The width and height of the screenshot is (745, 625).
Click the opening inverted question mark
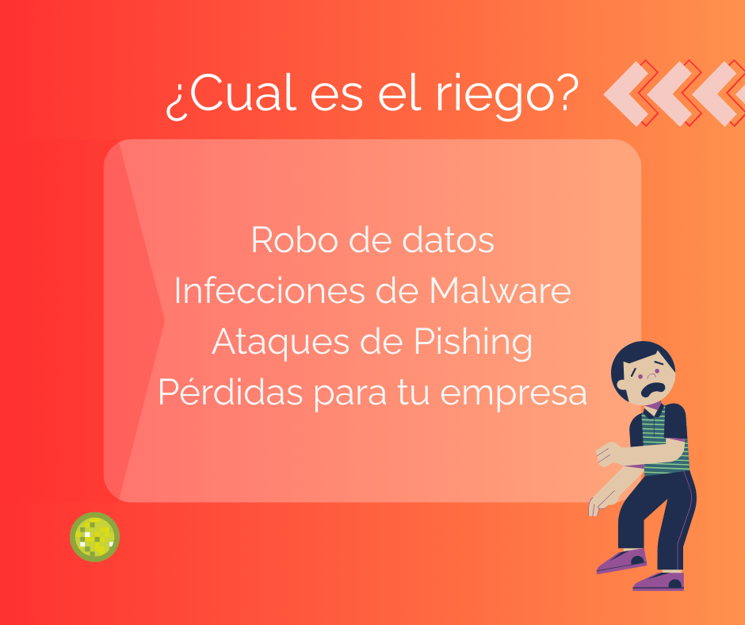pos(176,101)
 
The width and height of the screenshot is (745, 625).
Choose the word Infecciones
pos(270,290)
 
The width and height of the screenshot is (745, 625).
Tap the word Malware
pos(500,290)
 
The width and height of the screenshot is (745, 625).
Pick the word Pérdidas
pos(231,392)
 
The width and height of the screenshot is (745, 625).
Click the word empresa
pos(514,395)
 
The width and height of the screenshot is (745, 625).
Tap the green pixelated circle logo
pos(94,536)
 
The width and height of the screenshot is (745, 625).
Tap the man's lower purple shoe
pos(659,581)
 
